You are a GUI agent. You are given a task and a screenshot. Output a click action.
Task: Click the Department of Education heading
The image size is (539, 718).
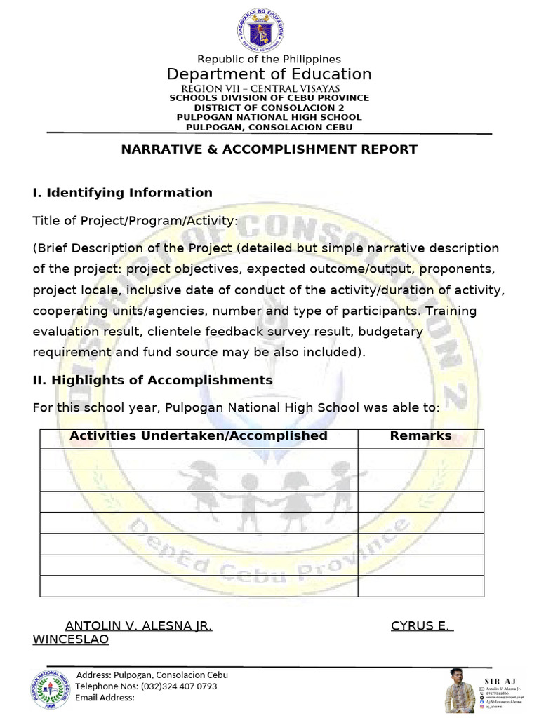(269, 74)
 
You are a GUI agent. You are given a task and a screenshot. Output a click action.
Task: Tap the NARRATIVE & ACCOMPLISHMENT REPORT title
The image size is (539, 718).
(269, 149)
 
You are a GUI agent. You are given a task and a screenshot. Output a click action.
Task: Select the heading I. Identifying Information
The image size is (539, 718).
(122, 193)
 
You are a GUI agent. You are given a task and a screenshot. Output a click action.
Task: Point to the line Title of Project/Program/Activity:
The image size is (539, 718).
(135, 221)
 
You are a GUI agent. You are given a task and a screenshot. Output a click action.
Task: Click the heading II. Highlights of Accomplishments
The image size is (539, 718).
(152, 380)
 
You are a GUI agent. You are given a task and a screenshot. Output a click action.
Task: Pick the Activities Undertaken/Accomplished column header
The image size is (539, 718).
(199, 436)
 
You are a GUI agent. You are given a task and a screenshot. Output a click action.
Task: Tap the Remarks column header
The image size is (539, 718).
(420, 436)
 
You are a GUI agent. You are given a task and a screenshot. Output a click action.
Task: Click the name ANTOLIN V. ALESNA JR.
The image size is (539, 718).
(138, 626)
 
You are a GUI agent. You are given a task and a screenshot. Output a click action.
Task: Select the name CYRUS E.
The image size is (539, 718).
(420, 626)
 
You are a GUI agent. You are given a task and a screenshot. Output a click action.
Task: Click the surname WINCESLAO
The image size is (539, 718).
(71, 640)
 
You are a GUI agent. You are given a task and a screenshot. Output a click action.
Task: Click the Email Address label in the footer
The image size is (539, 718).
(105, 698)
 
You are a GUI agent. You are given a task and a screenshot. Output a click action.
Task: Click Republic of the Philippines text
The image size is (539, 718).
(269, 60)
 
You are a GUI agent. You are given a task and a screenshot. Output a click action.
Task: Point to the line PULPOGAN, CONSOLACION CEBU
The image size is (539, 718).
(269, 127)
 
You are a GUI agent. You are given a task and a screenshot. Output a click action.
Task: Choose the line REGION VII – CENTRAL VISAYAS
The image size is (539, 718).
(260, 89)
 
